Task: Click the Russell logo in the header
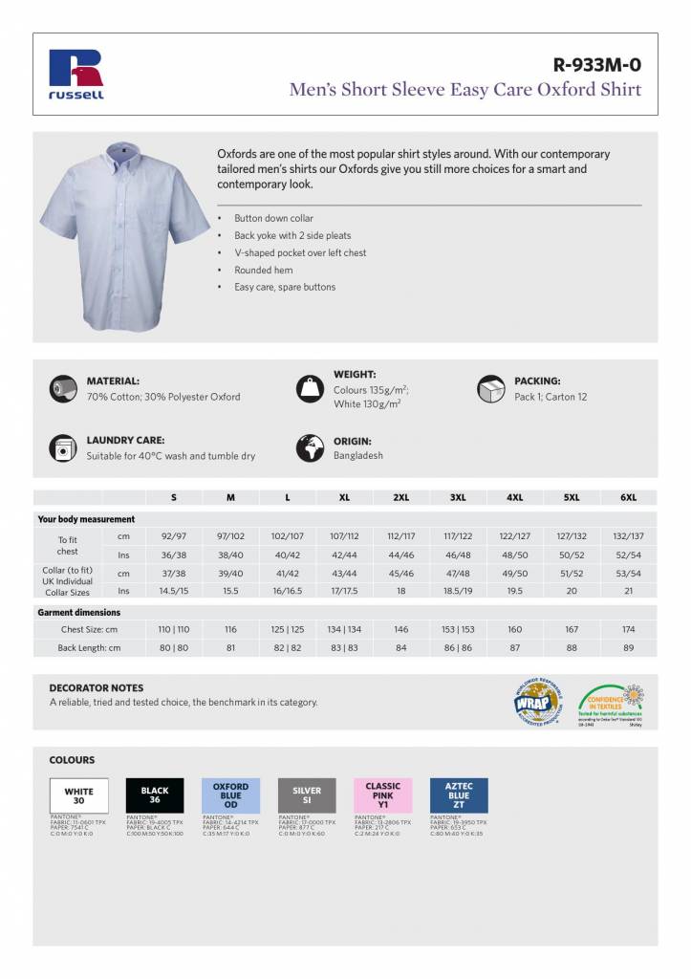76,75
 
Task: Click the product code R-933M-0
596,65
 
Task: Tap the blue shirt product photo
124,234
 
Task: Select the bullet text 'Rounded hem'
263,270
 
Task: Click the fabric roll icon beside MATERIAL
62,388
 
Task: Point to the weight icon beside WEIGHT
310,388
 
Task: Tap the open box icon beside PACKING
490,388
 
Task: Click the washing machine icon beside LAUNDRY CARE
62,447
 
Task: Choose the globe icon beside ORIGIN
310,447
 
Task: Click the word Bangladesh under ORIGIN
357,456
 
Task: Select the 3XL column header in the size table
458,497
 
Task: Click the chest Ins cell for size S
173,555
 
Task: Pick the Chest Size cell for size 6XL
628,630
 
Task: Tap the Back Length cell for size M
230,648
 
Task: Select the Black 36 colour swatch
154,795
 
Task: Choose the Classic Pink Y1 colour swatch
382,795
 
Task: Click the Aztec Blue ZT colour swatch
459,795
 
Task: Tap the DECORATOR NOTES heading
96,687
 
